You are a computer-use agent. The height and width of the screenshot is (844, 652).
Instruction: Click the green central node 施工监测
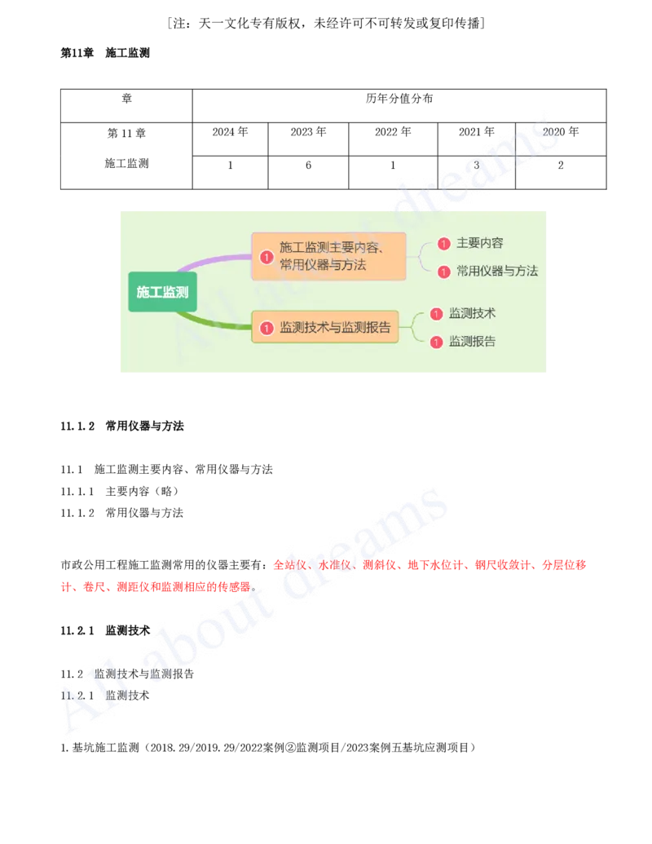[162, 291]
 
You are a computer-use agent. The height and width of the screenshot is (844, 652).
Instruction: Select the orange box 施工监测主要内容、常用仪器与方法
[328, 256]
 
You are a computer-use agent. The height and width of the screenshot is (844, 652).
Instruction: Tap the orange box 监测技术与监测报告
[325, 327]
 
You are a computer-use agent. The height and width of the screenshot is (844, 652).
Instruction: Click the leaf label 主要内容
[479, 243]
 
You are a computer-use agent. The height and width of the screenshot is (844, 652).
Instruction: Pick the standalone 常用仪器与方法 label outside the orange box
[496, 271]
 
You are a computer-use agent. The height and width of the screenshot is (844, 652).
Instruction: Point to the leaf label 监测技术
[472, 313]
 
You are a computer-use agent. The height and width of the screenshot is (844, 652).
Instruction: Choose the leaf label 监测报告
[472, 341]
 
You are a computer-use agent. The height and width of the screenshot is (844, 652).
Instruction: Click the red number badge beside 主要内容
[444, 243]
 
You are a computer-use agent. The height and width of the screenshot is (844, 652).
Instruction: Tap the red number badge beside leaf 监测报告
[437, 342]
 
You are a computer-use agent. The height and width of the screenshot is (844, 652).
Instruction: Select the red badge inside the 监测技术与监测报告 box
[267, 328]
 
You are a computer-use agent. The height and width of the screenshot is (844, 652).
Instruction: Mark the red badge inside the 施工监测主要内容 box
[267, 257]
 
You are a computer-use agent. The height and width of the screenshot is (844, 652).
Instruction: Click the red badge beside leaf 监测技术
[437, 314]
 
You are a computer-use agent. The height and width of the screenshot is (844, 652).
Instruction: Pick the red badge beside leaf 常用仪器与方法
[444, 272]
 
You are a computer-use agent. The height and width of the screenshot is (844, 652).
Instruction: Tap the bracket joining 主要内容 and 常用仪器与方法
[421, 257]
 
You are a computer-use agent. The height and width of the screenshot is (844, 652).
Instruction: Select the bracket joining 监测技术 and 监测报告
[414, 327]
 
